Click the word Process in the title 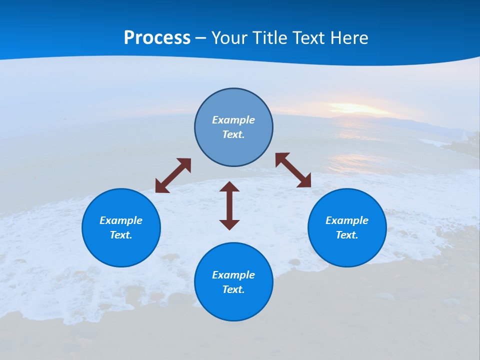[157, 38]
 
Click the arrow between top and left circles [173, 175]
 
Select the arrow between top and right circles [293, 170]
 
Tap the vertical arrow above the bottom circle [229, 205]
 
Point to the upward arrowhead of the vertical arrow [229, 187]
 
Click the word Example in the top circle [233, 120]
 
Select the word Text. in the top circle [233, 134]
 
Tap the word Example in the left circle [121, 220]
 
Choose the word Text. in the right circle [347, 235]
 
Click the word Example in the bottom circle [233, 275]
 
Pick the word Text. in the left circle [121, 235]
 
